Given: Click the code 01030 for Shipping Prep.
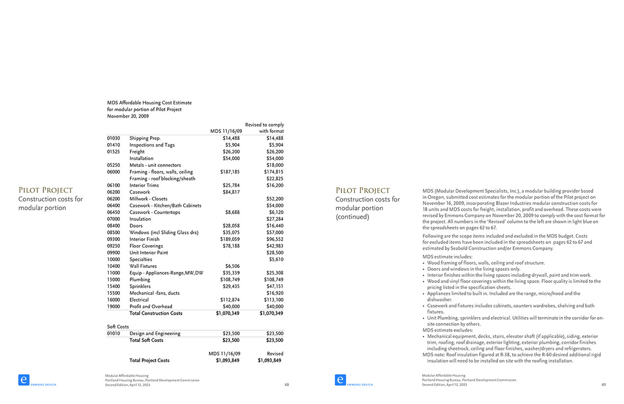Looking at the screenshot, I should click(x=114, y=138).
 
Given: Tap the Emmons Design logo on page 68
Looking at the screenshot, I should click(x=24, y=380).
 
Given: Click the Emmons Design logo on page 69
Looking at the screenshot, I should click(x=340, y=380).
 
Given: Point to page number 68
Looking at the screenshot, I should click(x=286, y=385).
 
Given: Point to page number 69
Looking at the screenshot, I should click(x=604, y=385).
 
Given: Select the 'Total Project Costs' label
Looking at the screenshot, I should click(x=149, y=361).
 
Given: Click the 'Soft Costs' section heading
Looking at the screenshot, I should click(x=118, y=326).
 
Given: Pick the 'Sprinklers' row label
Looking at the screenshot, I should click(x=140, y=286).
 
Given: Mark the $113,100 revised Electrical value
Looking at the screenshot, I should click(x=273, y=300).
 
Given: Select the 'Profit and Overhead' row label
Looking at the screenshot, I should click(x=151, y=307).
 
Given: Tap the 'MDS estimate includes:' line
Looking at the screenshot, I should click(x=447, y=257).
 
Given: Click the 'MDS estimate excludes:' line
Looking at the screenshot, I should click(x=448, y=330).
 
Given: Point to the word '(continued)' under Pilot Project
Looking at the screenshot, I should click(x=352, y=217).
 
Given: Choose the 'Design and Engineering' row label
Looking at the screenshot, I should click(x=154, y=334).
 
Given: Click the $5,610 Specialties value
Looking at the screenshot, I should click(x=276, y=259).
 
